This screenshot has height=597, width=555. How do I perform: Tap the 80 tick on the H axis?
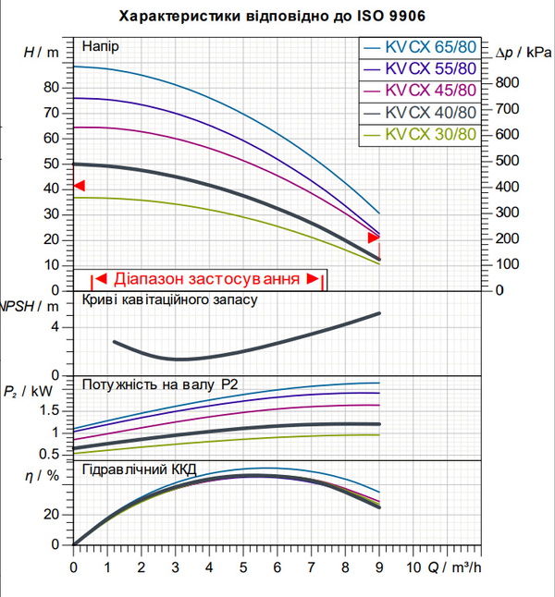[x=51, y=88]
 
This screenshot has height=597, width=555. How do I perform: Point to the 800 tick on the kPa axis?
[x=507, y=82]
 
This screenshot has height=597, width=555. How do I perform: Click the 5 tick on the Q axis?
[x=243, y=567]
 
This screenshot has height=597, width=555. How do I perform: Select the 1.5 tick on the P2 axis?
[x=50, y=410]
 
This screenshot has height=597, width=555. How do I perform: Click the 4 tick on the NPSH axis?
[x=55, y=327]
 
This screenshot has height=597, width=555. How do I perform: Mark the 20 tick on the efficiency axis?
[x=52, y=515]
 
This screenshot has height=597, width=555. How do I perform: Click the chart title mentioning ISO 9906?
[x=272, y=17]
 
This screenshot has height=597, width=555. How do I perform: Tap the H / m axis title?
[x=42, y=52]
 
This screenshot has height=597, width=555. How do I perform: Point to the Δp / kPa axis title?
[x=524, y=53]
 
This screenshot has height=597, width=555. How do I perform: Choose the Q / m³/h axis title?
[x=454, y=567]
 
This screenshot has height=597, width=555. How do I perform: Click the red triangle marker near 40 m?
[x=80, y=186]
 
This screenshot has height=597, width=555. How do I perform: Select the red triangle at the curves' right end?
[x=374, y=238]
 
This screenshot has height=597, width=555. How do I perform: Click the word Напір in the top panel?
[x=101, y=46]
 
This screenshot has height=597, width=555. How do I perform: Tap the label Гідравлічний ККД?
[x=140, y=469]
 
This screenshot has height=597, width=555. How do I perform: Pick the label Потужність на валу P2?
[x=160, y=384]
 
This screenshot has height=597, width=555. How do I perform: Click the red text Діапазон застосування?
[x=206, y=279]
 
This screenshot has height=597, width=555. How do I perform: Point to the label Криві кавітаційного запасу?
[x=170, y=299]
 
